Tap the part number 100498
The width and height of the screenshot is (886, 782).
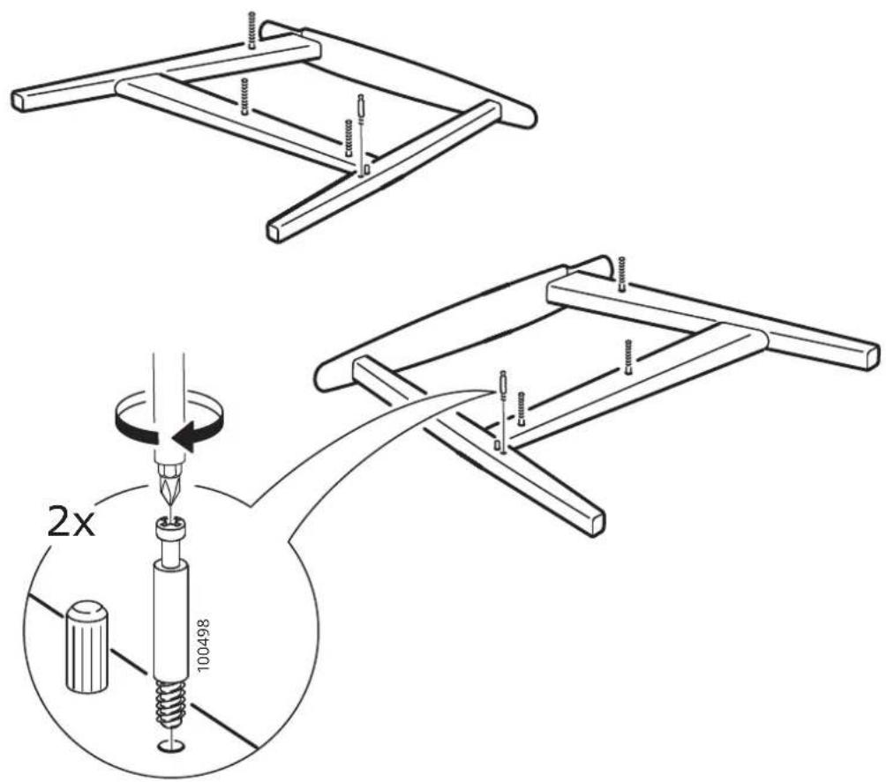click(x=205, y=644)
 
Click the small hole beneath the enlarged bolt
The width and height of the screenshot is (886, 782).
click(x=170, y=747)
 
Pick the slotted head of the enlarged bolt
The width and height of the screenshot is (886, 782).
click(x=170, y=532)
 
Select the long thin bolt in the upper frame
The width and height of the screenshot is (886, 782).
click(x=359, y=134)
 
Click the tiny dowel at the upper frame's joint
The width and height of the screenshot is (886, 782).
click(x=367, y=168)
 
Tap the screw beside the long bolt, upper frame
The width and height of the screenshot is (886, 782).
click(x=348, y=138)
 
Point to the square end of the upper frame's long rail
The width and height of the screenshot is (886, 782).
click(x=21, y=101)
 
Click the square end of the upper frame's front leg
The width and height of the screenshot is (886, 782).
click(x=274, y=230)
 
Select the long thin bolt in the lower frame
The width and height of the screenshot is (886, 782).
click(x=501, y=408)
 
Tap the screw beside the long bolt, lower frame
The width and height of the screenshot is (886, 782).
click(x=521, y=408)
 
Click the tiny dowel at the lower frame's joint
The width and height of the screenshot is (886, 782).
click(x=497, y=445)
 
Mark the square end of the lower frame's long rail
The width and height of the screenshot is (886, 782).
click(x=871, y=356)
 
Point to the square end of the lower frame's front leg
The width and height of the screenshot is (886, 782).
click(x=596, y=522)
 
